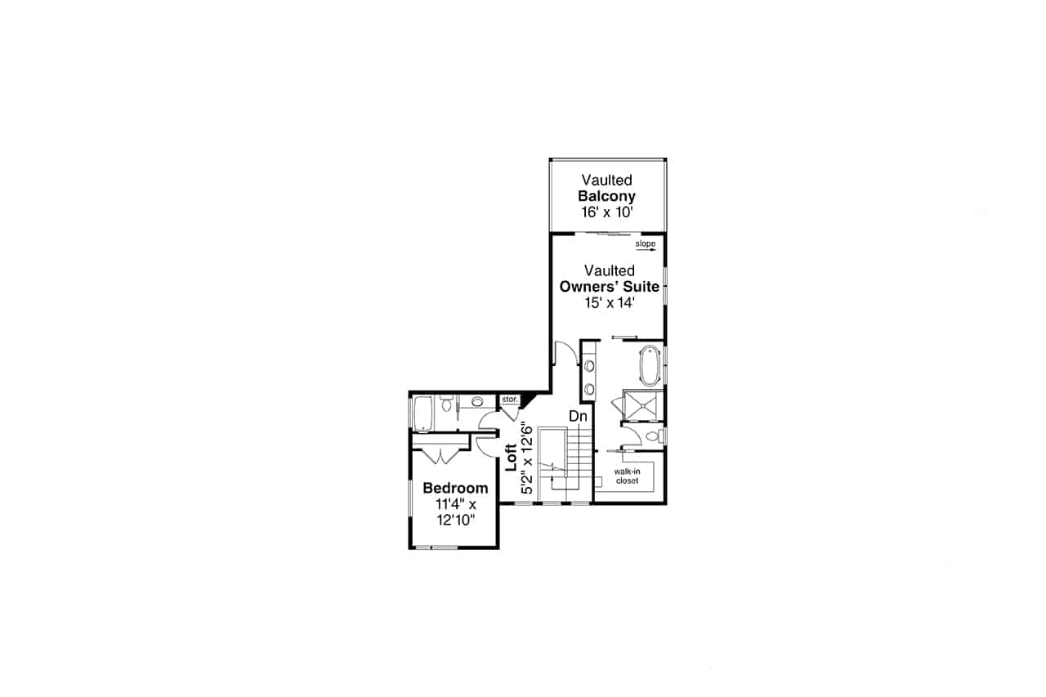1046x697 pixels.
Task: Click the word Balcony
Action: pyautogui.click(x=606, y=197)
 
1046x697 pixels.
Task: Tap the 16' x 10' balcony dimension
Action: pyautogui.click(x=606, y=212)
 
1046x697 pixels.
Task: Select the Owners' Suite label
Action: pyautogui.click(x=609, y=287)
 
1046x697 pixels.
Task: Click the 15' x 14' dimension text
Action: pyautogui.click(x=609, y=302)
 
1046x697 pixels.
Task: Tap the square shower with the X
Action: pyautogui.click(x=643, y=404)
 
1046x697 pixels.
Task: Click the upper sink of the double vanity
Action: pyautogui.click(x=589, y=365)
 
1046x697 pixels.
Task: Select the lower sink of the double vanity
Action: pyautogui.click(x=589, y=388)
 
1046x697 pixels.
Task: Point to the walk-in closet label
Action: pyautogui.click(x=628, y=476)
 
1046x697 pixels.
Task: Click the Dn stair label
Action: pyautogui.click(x=579, y=417)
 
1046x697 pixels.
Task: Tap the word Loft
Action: pyautogui.click(x=511, y=458)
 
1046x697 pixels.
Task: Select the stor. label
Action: pyautogui.click(x=509, y=400)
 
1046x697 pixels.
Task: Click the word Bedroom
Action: pyautogui.click(x=455, y=489)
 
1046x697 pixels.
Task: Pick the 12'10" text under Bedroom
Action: pyautogui.click(x=455, y=520)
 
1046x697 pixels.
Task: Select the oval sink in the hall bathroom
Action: pyautogui.click(x=478, y=401)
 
